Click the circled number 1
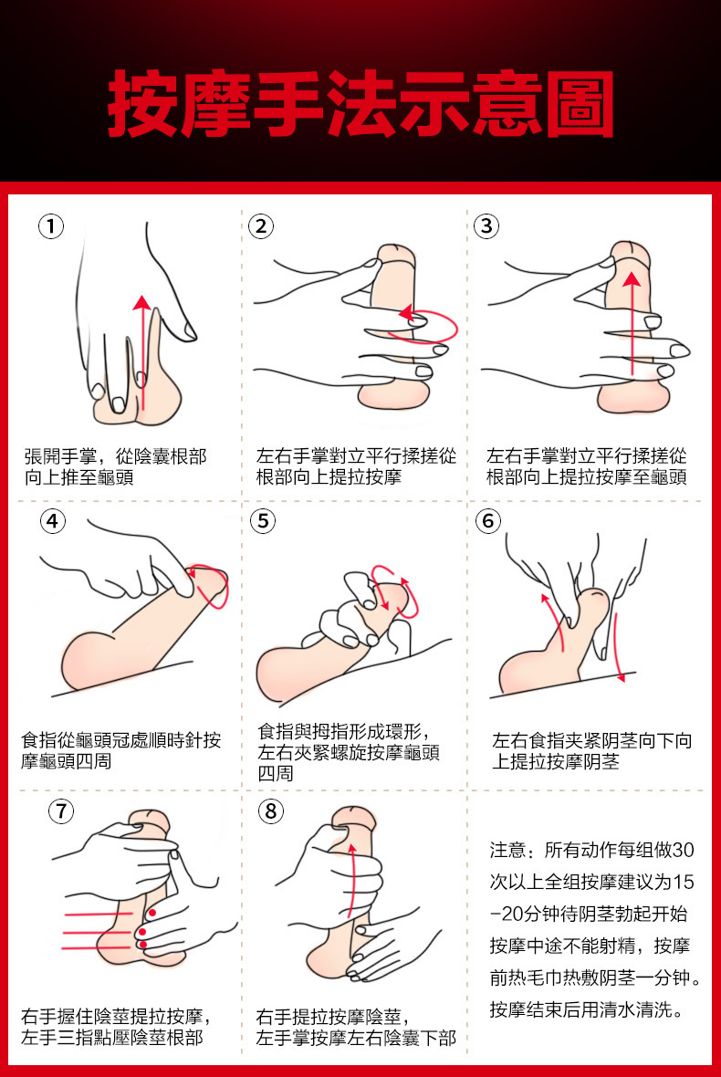(x=51, y=226)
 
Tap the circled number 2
(x=261, y=226)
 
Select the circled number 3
(x=486, y=226)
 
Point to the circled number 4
(x=53, y=520)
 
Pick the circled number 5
(x=263, y=520)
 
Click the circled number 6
(x=488, y=520)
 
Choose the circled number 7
(x=61, y=811)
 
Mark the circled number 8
(x=270, y=811)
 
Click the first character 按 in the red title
(x=142, y=104)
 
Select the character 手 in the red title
(x=287, y=104)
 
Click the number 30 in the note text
(x=683, y=851)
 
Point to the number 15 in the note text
(x=684, y=882)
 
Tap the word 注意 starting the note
(x=508, y=851)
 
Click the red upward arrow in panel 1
(x=141, y=353)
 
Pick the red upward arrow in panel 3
(x=632, y=323)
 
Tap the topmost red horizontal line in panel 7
(x=99, y=915)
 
